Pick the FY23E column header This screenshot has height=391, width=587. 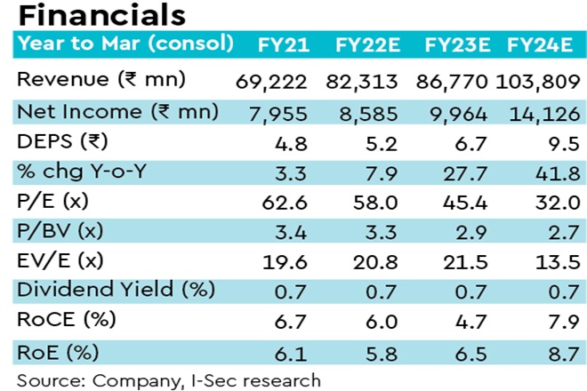click(455, 44)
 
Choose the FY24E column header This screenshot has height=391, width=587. click(539, 44)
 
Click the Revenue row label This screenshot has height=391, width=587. click(101, 79)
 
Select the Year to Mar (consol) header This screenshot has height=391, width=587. click(125, 43)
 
